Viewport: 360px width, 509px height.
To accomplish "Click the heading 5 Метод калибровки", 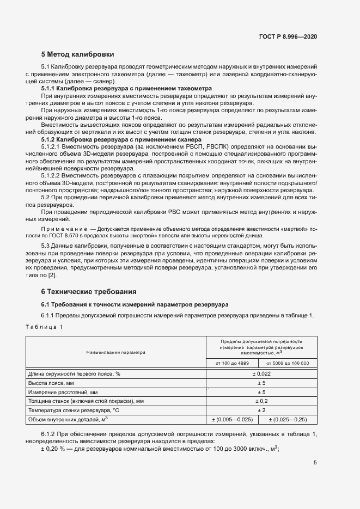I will click(77, 54).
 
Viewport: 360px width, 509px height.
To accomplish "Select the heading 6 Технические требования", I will click(85, 291).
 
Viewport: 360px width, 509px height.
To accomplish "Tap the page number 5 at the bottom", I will click(315, 463).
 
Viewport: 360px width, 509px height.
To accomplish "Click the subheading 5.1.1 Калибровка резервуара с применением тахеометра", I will click(126, 88).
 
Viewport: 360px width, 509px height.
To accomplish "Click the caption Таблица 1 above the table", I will click(44, 327).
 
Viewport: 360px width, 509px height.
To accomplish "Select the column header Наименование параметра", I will click(115, 352).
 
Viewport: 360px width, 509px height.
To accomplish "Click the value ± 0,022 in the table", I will click(261, 373).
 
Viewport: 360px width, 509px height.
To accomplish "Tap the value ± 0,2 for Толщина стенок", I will click(261, 401).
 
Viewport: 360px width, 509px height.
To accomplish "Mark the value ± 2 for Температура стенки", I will click(261, 410).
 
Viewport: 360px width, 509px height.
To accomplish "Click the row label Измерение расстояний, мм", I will click(63, 392).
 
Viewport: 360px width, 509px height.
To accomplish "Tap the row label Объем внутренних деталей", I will click(68, 419).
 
